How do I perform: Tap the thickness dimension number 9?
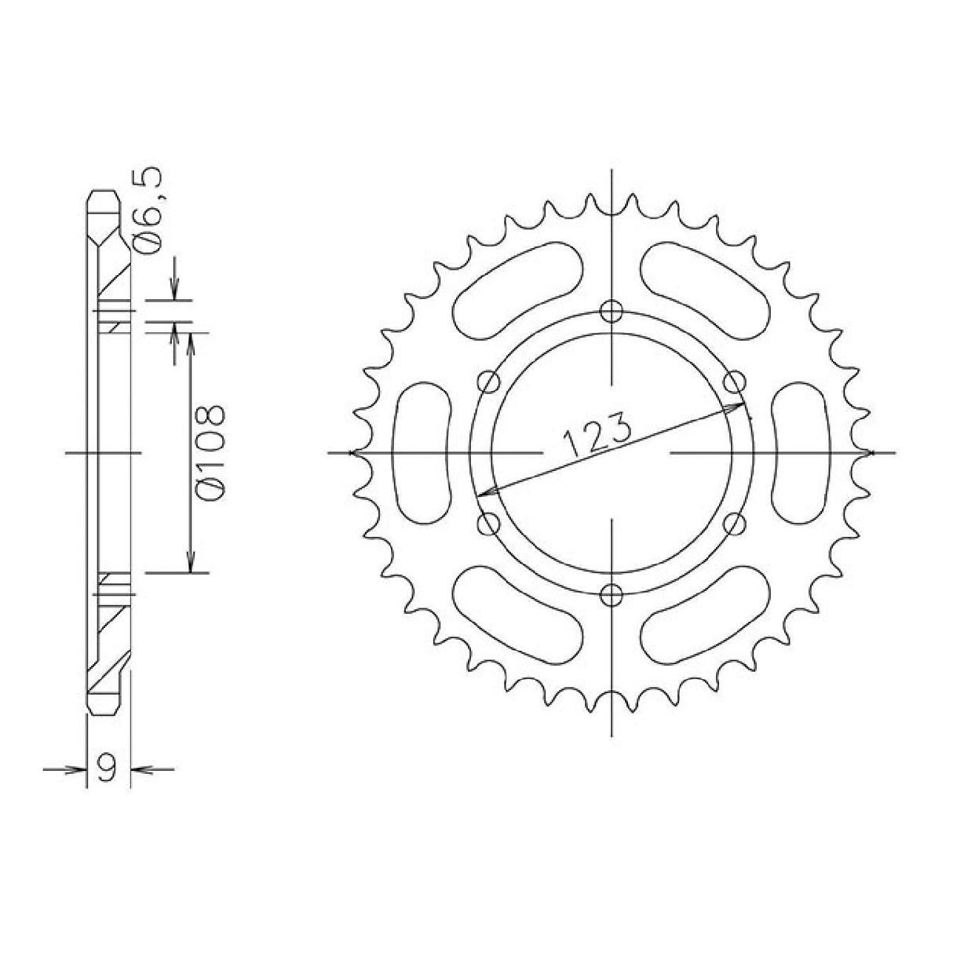pos(108,767)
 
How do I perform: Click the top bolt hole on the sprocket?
pos(611,312)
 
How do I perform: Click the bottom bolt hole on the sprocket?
pos(611,594)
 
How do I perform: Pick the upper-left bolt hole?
pos(489,383)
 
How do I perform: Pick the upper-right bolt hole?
pos(733,383)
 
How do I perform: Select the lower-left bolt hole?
pos(489,522)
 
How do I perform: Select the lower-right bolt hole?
pos(733,522)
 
